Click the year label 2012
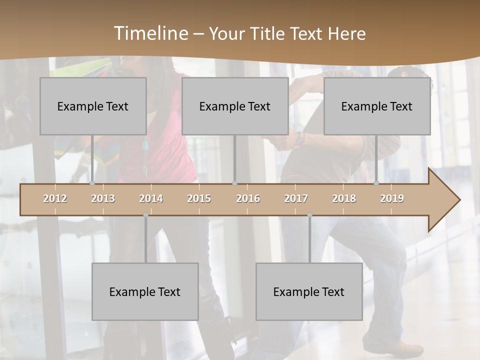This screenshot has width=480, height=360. (55, 198)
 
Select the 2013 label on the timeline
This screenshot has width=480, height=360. (103, 198)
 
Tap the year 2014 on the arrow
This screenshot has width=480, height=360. (151, 198)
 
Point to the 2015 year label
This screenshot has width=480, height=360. (199, 198)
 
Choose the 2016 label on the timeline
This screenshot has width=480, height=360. (248, 198)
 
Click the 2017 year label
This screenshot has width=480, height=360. (296, 198)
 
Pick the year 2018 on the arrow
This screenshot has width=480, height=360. (344, 198)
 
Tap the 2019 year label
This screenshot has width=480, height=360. (392, 198)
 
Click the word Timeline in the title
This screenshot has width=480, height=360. (150, 33)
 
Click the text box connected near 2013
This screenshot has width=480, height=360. (93, 106)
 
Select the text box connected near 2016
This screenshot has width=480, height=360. (235, 106)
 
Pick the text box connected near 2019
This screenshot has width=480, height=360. (377, 106)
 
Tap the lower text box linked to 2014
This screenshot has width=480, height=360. (145, 291)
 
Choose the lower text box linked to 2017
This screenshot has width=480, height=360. (309, 291)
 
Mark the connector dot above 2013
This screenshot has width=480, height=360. (92, 183)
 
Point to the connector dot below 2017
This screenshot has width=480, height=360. (309, 215)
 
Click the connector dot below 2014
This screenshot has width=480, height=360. (145, 215)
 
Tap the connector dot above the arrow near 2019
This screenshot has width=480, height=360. (376, 183)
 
